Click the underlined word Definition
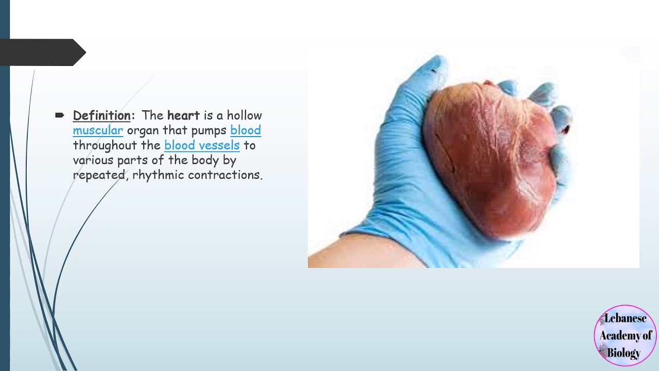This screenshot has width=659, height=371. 101,115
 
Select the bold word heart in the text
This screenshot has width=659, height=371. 183,115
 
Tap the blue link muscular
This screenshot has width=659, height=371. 98,130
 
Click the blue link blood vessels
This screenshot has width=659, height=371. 202,145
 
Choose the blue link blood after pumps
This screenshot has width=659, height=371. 246,130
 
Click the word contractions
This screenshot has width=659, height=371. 225,175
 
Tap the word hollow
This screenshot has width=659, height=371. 245,115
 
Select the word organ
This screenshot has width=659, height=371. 143,130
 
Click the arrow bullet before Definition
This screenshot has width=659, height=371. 59,115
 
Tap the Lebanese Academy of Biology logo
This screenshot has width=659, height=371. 625,335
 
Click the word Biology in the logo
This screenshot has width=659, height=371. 624,353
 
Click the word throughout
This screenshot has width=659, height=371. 105,145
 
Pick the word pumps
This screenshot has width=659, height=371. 209,130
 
